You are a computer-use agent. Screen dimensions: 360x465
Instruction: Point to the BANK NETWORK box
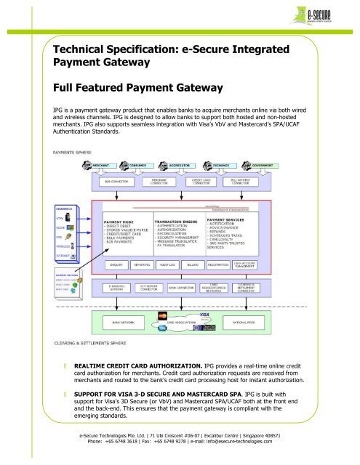click(115, 319)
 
